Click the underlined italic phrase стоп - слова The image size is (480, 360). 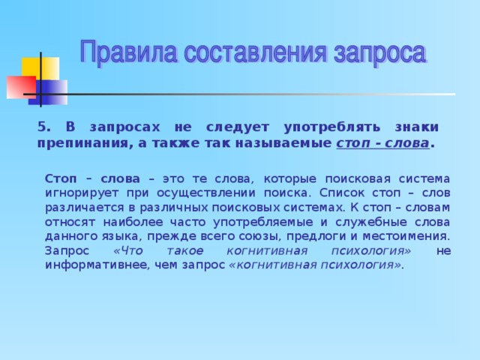pos(382,142)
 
